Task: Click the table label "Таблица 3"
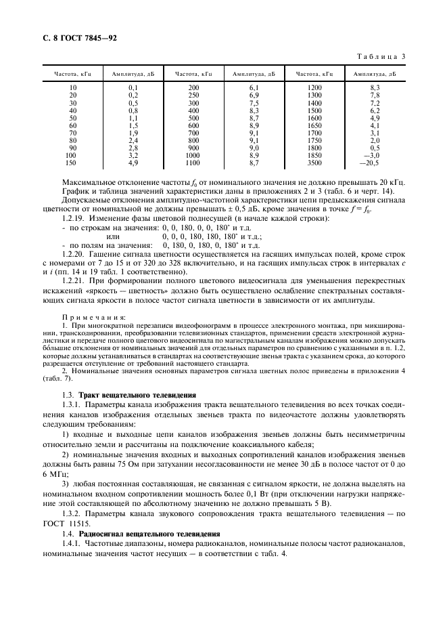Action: (x=379, y=57)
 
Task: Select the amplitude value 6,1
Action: (x=254, y=88)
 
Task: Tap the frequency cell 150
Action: (x=72, y=163)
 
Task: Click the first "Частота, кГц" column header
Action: (x=72, y=74)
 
